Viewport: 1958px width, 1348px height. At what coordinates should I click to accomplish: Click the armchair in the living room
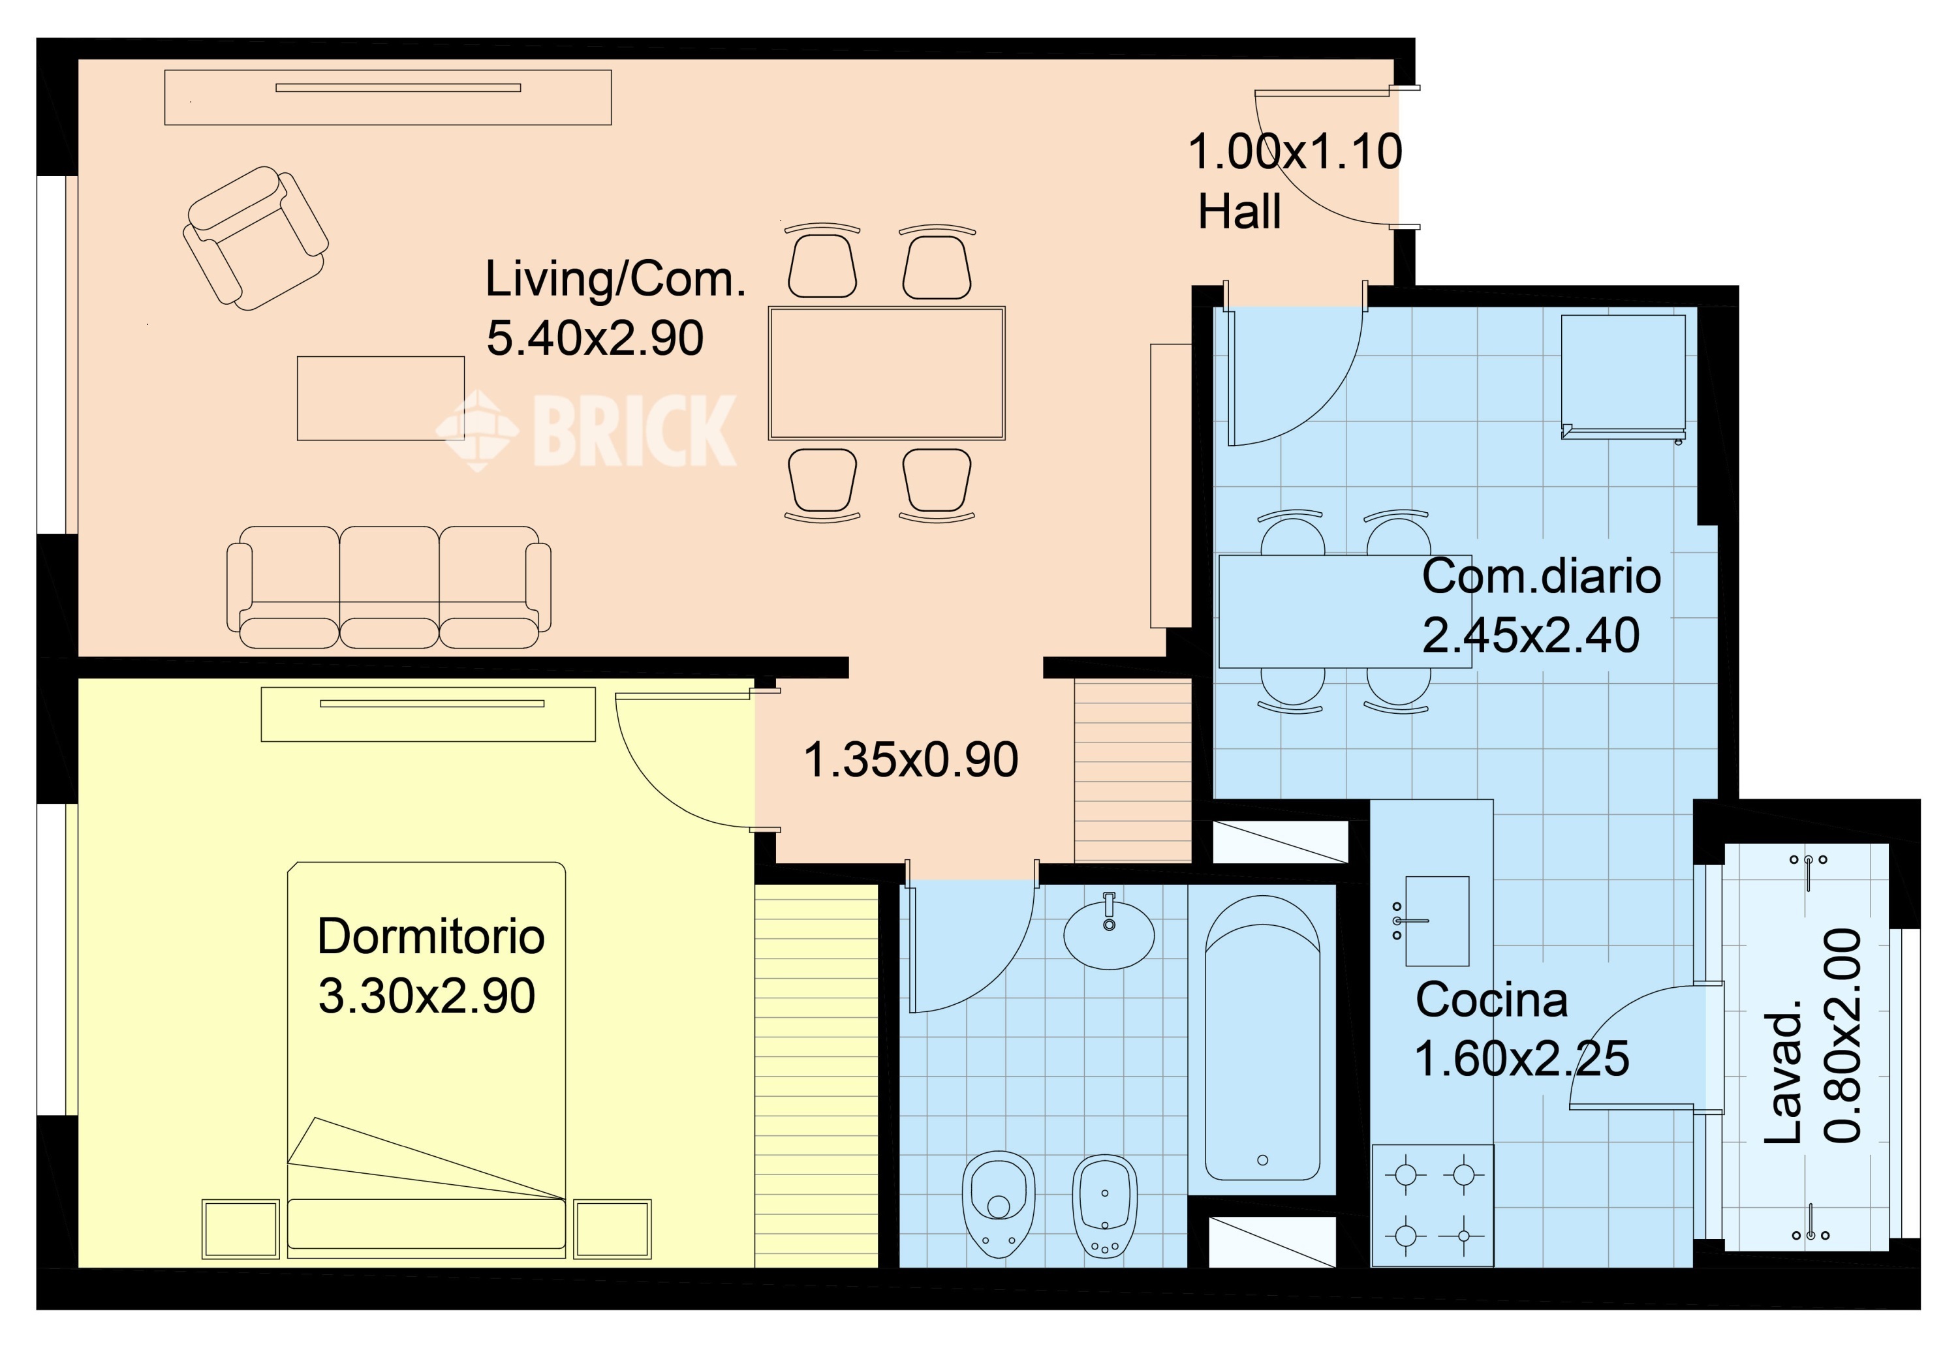(x=255, y=238)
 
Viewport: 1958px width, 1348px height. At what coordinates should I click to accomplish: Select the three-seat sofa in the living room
(x=388, y=587)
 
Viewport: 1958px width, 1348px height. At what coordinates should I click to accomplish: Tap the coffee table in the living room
(x=380, y=398)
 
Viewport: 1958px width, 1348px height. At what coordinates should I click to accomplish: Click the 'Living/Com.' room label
(x=615, y=279)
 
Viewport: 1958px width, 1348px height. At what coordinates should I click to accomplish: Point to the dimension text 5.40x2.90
(x=595, y=338)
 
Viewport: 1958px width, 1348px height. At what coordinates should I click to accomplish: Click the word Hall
(x=1239, y=211)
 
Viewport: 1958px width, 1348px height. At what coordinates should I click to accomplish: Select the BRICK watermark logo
(x=585, y=430)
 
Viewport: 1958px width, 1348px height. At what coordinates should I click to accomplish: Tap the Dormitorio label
(x=431, y=937)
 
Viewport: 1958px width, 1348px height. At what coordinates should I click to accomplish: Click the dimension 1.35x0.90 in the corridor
(x=910, y=759)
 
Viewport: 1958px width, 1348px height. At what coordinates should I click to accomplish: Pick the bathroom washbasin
(x=1108, y=933)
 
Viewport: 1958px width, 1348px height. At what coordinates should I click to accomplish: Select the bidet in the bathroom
(x=1104, y=1206)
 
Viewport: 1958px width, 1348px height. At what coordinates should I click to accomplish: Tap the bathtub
(x=1262, y=1038)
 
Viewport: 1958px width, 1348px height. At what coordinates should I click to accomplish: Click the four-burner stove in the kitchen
(x=1433, y=1205)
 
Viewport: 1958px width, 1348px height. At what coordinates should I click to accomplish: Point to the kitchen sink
(x=1436, y=921)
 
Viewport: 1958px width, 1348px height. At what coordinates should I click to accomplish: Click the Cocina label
(x=1492, y=1000)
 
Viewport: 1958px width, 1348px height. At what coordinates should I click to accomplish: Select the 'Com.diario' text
(x=1542, y=576)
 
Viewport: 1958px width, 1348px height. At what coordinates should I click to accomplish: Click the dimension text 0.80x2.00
(x=1843, y=1036)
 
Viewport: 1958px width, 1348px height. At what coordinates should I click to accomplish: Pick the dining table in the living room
(x=886, y=373)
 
